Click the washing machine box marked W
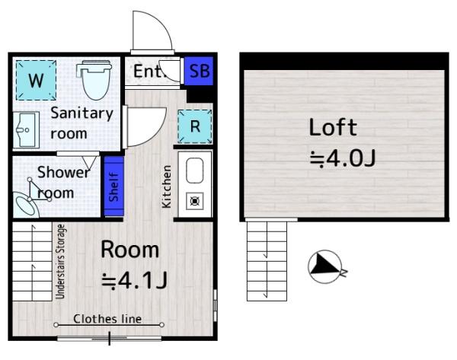pyautogui.click(x=36, y=80)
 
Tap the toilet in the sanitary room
pyautogui.click(x=95, y=79)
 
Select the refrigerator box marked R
pyautogui.click(x=195, y=126)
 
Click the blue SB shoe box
pyautogui.click(x=199, y=71)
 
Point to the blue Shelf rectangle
pyautogui.click(x=114, y=186)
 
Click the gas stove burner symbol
pyautogui.click(x=195, y=201)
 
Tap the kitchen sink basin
pyautogui.click(x=194, y=170)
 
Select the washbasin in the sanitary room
pyautogui.click(x=26, y=130)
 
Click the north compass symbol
pyautogui.click(x=324, y=266)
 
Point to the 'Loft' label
pyautogui.click(x=333, y=127)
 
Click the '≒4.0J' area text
pyautogui.click(x=343, y=158)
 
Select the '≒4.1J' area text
pyautogui.click(x=134, y=281)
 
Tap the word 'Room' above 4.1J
pyautogui.click(x=130, y=250)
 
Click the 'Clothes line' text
pyautogui.click(x=107, y=319)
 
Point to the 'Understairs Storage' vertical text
pyautogui.click(x=60, y=262)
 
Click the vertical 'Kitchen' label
pyautogui.click(x=166, y=186)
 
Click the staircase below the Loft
pyautogui.click(x=267, y=261)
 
